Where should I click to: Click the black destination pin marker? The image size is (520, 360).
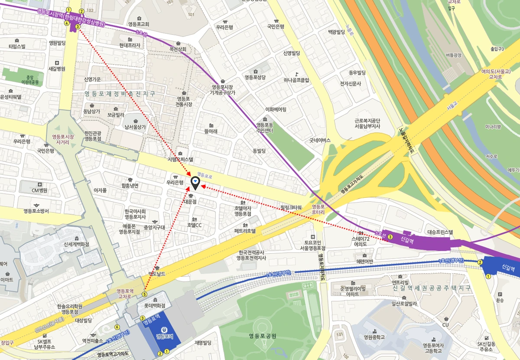pyautogui.click(x=195, y=183)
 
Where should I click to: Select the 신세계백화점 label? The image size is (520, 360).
pyautogui.click(x=76, y=244)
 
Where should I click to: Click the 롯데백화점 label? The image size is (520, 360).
pyautogui.click(x=155, y=305)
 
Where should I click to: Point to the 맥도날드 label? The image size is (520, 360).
pyautogui.click(x=157, y=274)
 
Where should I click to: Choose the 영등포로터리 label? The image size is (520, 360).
pyautogui.click(x=318, y=209)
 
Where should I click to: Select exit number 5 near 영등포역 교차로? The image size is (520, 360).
pyautogui.click(x=144, y=294)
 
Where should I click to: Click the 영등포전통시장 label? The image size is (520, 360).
pyautogui.click(x=184, y=101)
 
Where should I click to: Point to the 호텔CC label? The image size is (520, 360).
pyautogui.click(x=194, y=225)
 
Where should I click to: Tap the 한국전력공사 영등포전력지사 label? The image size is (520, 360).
pyautogui.click(x=251, y=255)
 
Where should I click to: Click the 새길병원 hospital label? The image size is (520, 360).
pyautogui.click(x=57, y=69)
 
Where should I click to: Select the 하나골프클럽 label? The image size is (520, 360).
pyautogui.click(x=296, y=80)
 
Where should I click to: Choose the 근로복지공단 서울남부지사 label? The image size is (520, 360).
pyautogui.click(x=367, y=124)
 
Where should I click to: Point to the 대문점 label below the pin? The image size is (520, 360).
pyautogui.click(x=190, y=202)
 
